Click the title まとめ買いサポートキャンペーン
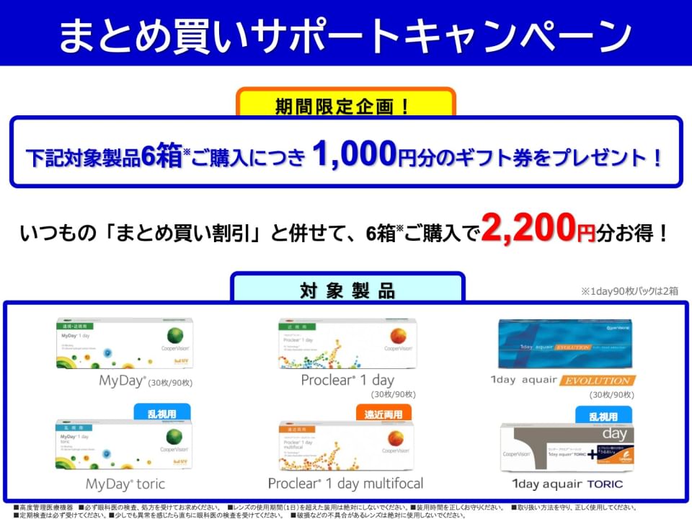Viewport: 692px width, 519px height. click(x=345, y=34)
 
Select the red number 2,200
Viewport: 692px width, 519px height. click(x=529, y=229)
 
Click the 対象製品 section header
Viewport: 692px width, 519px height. click(x=347, y=290)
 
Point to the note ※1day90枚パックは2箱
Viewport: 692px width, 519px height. click(x=629, y=291)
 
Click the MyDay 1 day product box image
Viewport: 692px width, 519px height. click(x=125, y=343)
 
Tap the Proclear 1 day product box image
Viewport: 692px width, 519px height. click(x=346, y=343)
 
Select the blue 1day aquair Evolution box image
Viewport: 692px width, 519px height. click(x=565, y=343)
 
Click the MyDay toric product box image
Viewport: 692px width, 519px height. click(x=125, y=444)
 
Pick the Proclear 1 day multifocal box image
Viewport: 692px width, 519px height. click(x=346, y=445)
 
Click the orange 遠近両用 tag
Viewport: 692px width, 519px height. click(x=383, y=414)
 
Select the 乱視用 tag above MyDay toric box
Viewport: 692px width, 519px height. click(x=163, y=413)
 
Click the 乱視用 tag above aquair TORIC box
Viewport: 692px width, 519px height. click(x=603, y=415)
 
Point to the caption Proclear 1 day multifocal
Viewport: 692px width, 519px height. click(x=345, y=483)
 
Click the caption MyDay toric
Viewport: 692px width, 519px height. click(x=125, y=483)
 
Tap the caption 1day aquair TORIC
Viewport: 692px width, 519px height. click(x=567, y=484)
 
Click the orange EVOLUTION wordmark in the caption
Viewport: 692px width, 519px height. click(x=598, y=380)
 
